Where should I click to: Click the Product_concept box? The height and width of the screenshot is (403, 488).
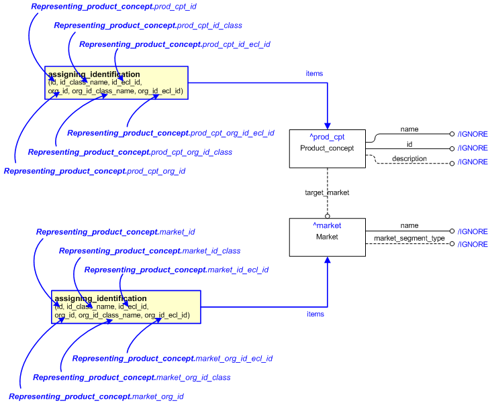pos(327,148)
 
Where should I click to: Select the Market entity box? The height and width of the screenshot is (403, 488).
pos(327,237)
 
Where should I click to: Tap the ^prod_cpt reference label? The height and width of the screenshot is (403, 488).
pos(327,137)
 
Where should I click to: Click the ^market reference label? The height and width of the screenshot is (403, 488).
pos(327,226)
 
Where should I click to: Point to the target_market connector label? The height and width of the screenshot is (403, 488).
pos(327,192)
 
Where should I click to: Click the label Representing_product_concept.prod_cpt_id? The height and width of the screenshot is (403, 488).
pos(113,7)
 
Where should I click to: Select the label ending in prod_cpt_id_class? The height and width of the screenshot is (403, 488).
pos(148,25)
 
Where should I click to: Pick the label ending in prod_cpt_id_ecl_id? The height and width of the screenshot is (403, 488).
pos(175,44)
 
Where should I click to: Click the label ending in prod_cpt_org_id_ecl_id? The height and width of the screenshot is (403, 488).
pos(170,133)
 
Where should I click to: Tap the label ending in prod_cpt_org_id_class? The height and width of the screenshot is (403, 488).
pos(130,152)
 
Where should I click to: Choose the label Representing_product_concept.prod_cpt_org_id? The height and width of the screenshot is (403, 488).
pos(95,172)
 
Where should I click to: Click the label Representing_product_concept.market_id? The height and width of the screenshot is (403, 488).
pos(115,232)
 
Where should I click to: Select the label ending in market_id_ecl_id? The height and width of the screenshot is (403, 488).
pos(176,270)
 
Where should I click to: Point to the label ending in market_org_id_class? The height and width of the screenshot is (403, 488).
pos(132,378)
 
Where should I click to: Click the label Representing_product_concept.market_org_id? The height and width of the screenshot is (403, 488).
pos(96,397)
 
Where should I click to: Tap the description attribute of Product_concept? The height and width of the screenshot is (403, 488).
pos(409,158)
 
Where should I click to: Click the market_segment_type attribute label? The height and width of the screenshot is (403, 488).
pos(409,238)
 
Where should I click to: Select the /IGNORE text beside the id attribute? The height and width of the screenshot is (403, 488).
pos(473,148)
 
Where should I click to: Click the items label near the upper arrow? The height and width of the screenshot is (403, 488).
pos(314,74)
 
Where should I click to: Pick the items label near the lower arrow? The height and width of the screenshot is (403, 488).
pos(315,314)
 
